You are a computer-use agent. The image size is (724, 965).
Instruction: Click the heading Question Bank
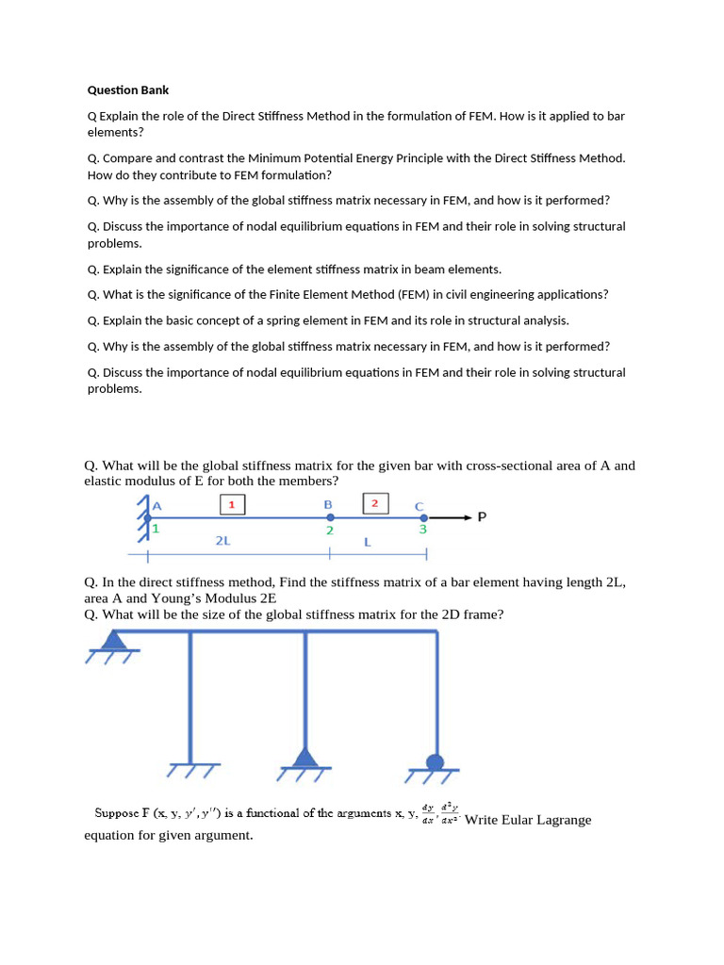pos(128,90)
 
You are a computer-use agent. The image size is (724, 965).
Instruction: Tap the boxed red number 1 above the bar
pos(232,504)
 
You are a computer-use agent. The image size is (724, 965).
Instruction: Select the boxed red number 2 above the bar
pos(374,503)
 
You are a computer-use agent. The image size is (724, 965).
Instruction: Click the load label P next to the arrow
pos(482,517)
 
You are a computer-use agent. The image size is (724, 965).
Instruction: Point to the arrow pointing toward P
pos(451,517)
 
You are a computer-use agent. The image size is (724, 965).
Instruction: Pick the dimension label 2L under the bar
pos(222,542)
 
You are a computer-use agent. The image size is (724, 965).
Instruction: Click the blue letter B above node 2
pos(328,504)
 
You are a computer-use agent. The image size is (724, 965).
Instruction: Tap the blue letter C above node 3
pos(420,506)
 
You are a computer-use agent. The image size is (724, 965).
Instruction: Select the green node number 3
pos(423,531)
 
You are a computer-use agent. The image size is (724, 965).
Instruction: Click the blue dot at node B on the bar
pos(329,517)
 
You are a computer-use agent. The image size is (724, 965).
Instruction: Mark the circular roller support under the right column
pos(435,762)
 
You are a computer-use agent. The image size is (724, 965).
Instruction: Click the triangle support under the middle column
pos(304,759)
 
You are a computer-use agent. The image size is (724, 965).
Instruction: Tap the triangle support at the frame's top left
pos(114,641)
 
